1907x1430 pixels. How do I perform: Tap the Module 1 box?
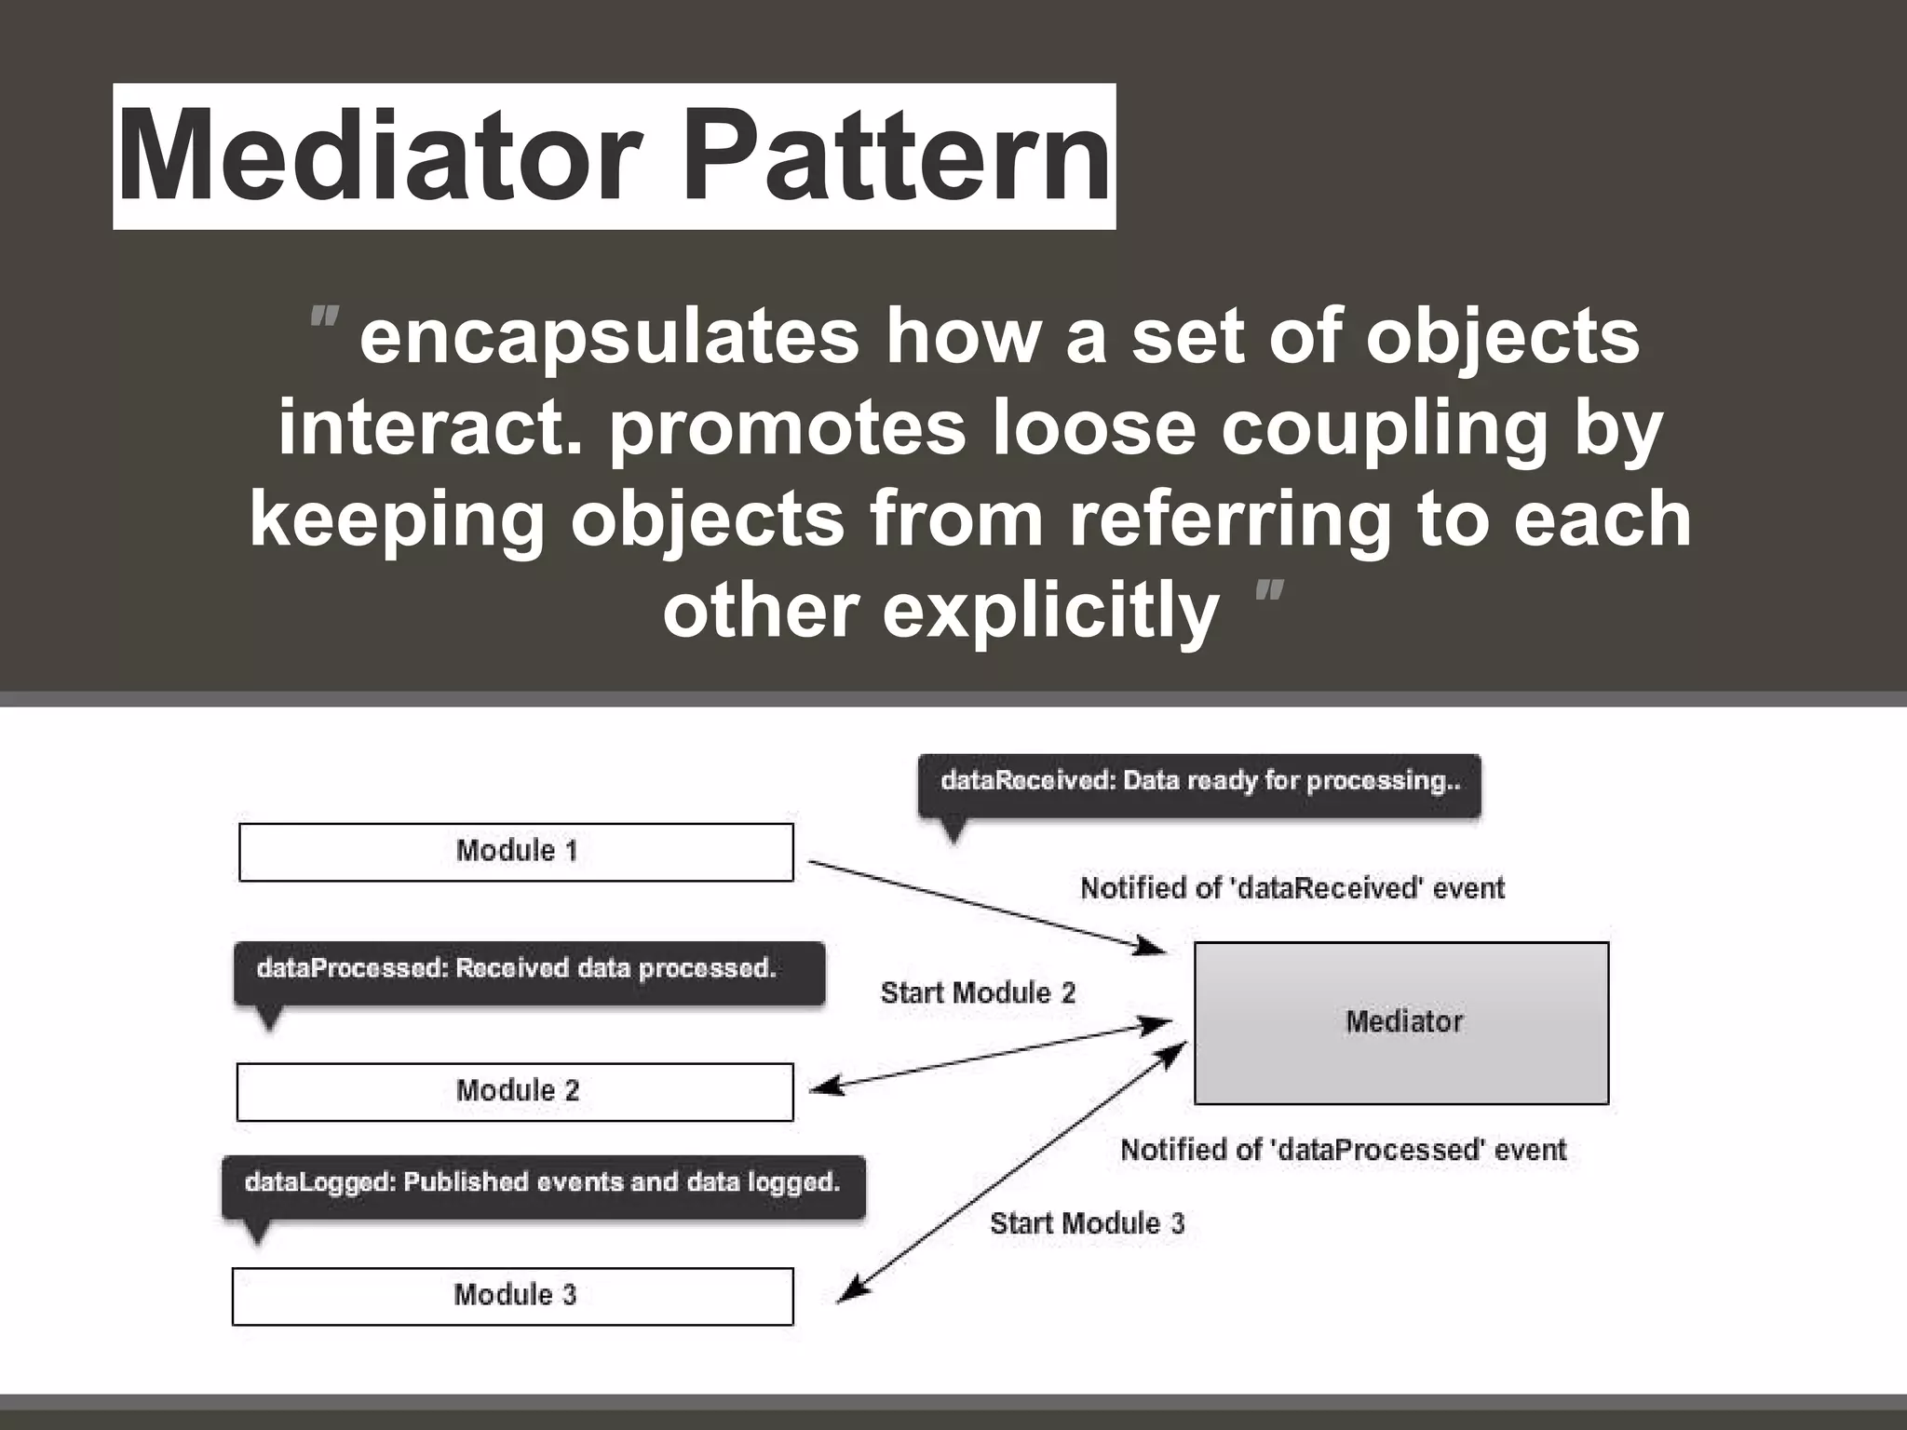(516, 852)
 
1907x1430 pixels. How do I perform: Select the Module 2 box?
(515, 1091)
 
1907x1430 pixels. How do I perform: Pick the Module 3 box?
(512, 1295)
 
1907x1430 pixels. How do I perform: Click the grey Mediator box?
(1401, 1023)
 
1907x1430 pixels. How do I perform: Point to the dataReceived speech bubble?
(1199, 784)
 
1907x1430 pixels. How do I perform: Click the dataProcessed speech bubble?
(529, 972)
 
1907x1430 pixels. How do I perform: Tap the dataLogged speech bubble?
(543, 1185)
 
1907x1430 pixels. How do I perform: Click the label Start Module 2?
(978, 993)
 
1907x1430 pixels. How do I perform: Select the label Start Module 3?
(1087, 1223)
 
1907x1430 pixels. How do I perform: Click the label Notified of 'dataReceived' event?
(1292, 888)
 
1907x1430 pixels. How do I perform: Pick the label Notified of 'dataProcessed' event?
(1343, 1150)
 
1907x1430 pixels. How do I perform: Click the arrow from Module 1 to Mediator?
(987, 907)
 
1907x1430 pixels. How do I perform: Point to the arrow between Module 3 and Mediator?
(1013, 1171)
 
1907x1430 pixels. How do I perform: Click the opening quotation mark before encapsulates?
(324, 318)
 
